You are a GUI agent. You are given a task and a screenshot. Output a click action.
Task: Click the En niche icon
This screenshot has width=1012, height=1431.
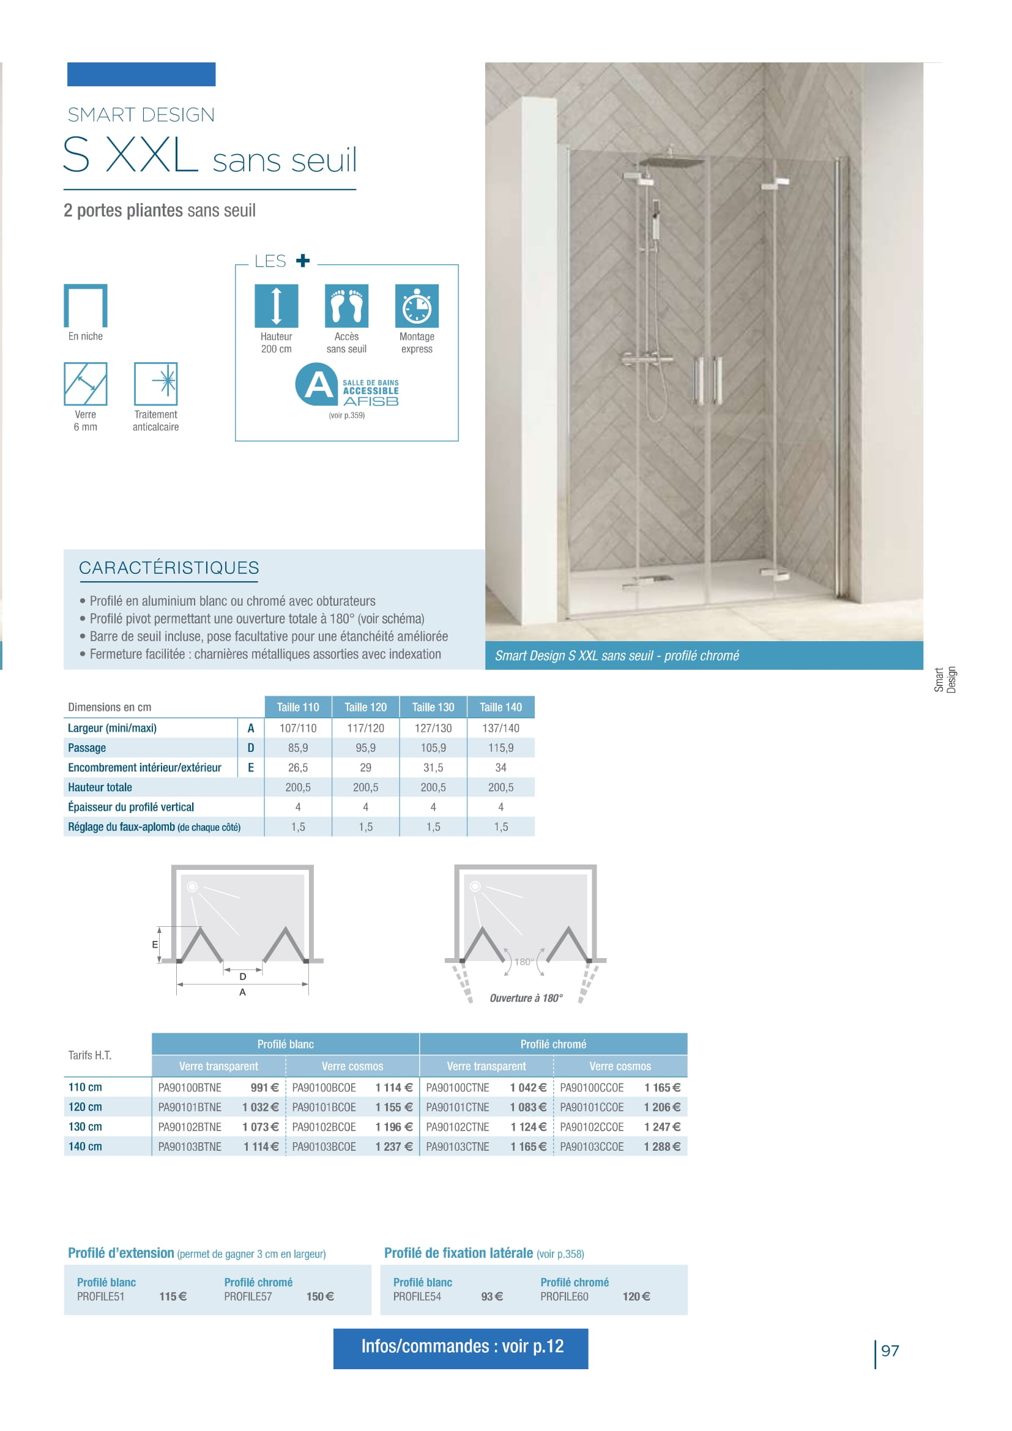click(x=86, y=305)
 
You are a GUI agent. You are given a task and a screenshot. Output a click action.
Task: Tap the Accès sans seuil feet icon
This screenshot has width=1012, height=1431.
click(x=346, y=305)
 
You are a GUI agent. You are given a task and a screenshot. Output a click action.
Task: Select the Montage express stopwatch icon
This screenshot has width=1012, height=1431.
click(x=417, y=305)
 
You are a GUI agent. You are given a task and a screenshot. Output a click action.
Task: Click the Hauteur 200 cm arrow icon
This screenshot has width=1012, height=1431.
click(x=276, y=305)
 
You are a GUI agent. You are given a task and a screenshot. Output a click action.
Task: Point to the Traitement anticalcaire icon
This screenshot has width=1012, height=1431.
click(x=156, y=384)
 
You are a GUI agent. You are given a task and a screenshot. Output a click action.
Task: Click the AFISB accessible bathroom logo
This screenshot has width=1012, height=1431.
click(x=346, y=385)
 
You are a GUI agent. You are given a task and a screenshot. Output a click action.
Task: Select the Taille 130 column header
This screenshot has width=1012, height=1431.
click(x=433, y=707)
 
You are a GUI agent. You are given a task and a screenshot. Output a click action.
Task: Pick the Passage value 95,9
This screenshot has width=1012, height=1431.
click(x=365, y=747)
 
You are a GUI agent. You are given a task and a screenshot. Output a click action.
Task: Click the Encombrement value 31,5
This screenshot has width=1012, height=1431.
click(x=433, y=767)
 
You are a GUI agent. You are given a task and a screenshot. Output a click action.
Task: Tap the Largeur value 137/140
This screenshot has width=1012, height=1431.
click(x=500, y=728)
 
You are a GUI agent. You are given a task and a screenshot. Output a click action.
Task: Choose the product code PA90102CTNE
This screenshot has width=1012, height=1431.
click(x=458, y=1127)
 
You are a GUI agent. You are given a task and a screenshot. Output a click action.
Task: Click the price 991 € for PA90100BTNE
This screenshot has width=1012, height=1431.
click(x=264, y=1088)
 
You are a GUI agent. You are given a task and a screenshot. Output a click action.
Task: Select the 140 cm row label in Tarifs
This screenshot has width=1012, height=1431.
click(x=86, y=1146)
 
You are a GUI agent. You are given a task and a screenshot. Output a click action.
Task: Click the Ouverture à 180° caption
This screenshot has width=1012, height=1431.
click(x=526, y=998)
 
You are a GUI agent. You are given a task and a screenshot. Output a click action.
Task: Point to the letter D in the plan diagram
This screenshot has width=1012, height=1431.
click(x=242, y=976)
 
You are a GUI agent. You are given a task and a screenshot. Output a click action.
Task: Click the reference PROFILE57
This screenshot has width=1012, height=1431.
click(x=248, y=1296)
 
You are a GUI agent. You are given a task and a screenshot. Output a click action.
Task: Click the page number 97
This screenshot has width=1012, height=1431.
click(x=890, y=1351)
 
